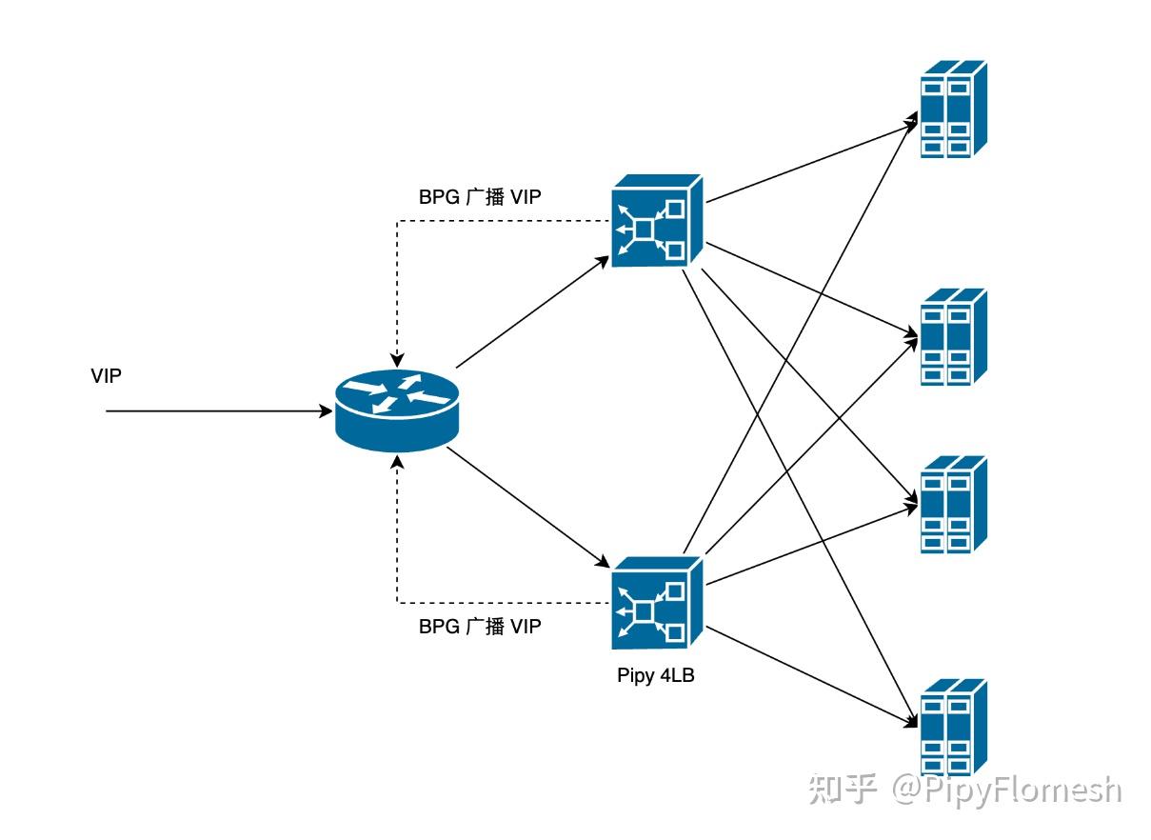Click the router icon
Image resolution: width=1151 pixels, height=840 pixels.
coord(396,410)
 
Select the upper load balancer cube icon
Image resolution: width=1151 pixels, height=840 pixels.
coord(657,221)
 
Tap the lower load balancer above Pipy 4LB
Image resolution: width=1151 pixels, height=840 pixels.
coord(657,603)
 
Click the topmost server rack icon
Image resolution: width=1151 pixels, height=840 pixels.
coord(953,109)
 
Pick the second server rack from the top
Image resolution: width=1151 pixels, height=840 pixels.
coord(953,337)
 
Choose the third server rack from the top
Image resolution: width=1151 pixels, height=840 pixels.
coord(953,505)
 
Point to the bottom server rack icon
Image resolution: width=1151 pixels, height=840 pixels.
coord(953,728)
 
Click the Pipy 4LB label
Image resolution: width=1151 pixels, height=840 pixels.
coord(656,675)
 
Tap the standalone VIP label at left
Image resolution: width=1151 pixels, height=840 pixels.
coord(106,376)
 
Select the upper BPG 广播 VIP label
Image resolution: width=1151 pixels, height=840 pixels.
coord(480,197)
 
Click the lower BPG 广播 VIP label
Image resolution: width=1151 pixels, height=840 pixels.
coord(480,627)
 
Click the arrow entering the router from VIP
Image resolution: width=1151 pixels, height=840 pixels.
coord(219,411)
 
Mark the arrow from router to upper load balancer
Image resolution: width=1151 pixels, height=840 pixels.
coord(532,312)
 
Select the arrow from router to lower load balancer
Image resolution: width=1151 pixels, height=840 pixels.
coord(528,508)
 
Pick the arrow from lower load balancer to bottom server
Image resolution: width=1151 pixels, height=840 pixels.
coord(812,676)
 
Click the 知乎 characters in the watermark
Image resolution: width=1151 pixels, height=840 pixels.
coord(843,790)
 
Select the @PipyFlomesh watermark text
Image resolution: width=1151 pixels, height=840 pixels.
coord(1006,790)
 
